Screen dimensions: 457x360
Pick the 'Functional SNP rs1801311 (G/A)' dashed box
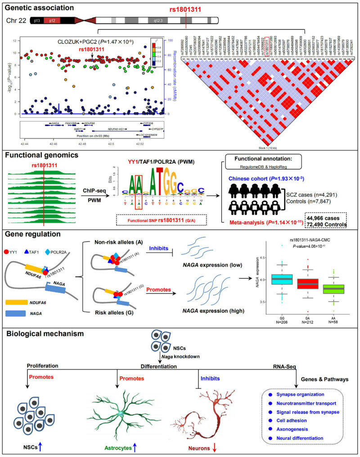(x=162, y=220)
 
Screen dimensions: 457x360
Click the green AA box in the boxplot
(x=337, y=288)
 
